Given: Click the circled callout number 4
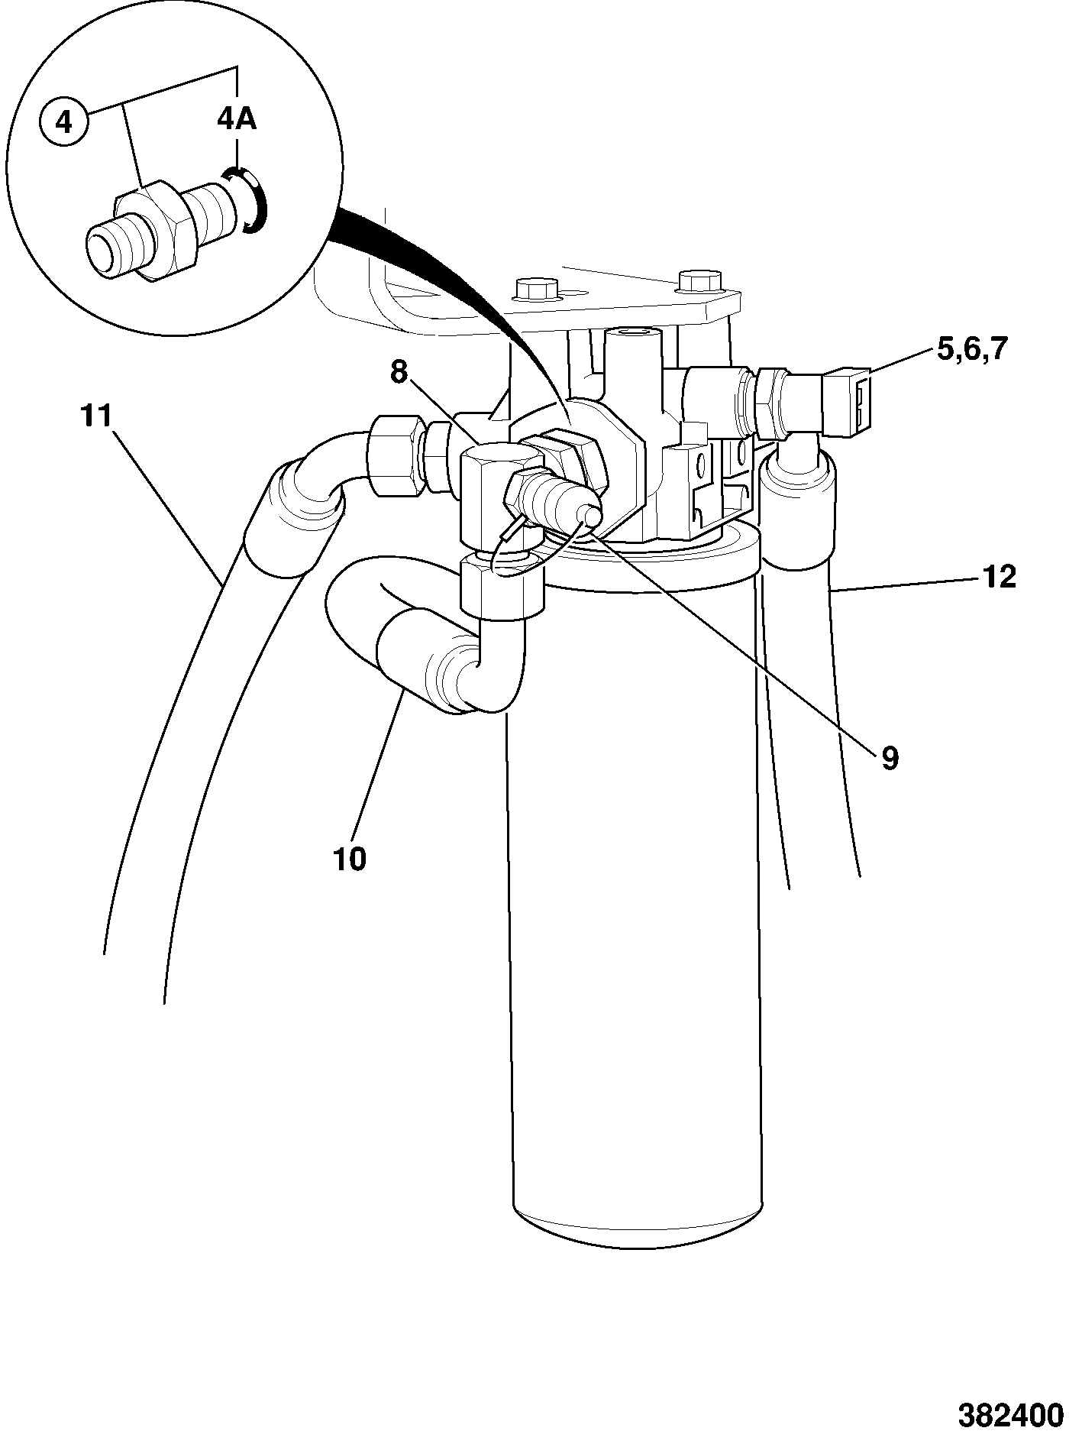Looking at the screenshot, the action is pos(64,121).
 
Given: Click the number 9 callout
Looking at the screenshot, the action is pos(890,757).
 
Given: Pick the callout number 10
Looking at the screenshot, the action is pos(350,859).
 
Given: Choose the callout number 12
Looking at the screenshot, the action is pos(1000,577).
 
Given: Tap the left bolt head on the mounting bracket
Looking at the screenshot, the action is pos(538,288).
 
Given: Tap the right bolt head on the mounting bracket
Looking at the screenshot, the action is pos(699,280).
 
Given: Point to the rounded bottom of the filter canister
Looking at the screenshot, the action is pos(638,1229).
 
